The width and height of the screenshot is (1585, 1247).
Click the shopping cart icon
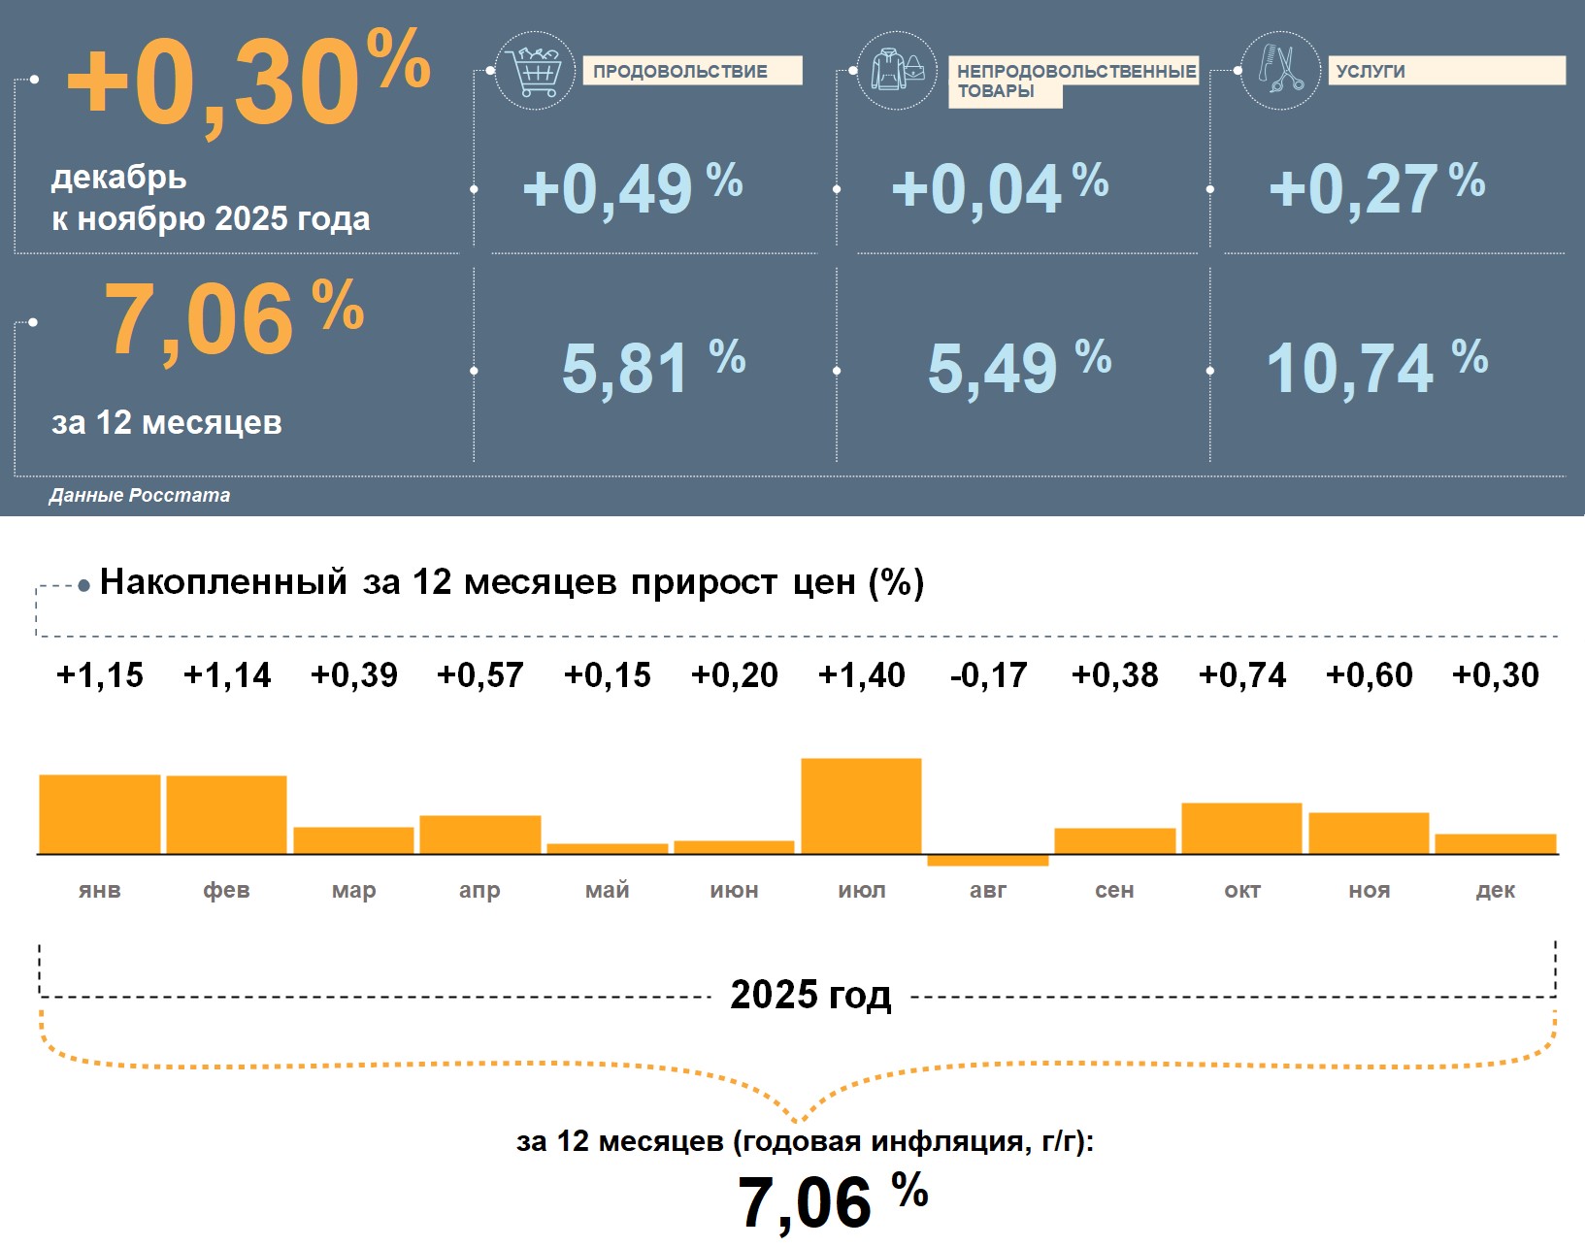534,70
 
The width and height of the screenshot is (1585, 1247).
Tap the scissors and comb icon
1280,70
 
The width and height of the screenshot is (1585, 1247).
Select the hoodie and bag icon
897,70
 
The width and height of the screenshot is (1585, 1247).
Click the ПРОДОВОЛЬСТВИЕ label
691,71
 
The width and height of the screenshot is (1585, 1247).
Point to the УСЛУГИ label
1445,71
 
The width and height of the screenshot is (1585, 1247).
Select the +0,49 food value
608,188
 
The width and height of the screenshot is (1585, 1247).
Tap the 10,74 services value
1350,369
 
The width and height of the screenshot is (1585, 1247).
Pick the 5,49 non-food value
993,369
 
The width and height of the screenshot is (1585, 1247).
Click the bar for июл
861,805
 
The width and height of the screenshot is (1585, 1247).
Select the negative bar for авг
988,860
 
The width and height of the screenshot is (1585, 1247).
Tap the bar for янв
99,813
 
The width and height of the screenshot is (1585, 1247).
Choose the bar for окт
1241,828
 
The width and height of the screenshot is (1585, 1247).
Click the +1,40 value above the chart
862,674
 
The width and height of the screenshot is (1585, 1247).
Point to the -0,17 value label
988,674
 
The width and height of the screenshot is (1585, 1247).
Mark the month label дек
1495,890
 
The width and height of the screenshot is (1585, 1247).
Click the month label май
607,890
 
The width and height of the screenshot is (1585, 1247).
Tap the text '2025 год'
810,995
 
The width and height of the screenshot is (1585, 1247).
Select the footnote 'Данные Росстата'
140,495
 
